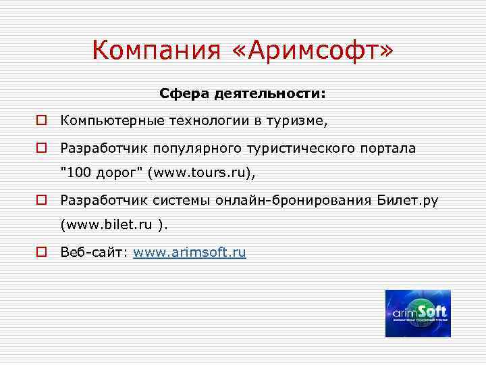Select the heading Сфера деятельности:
242,94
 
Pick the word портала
389,147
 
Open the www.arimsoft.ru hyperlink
190,253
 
